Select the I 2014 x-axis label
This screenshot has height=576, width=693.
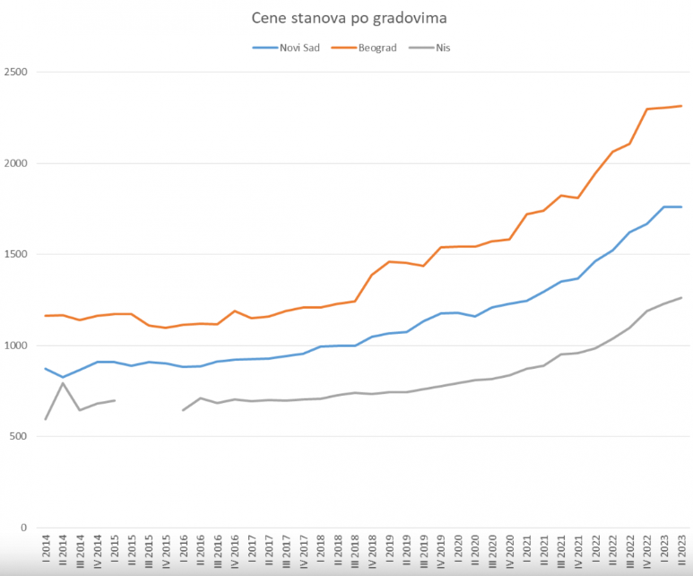click(x=46, y=552)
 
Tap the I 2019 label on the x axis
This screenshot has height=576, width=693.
click(x=389, y=552)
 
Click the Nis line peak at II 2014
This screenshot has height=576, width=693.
click(x=63, y=383)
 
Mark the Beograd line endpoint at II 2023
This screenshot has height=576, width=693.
click(x=681, y=106)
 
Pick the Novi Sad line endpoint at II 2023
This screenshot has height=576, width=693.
click(x=681, y=207)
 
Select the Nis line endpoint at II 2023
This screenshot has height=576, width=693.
click(x=681, y=297)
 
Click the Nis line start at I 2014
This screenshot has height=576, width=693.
click(x=46, y=419)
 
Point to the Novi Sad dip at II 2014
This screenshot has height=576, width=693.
click(x=63, y=378)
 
